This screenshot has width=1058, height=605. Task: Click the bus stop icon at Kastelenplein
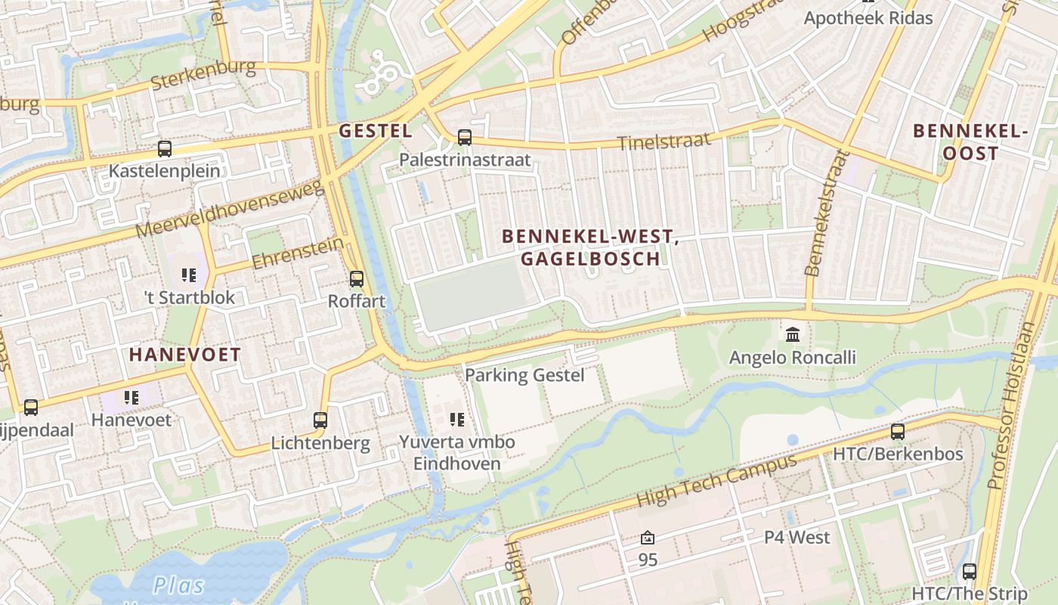(164, 149)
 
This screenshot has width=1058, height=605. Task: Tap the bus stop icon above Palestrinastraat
(465, 138)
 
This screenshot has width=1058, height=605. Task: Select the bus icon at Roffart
(357, 279)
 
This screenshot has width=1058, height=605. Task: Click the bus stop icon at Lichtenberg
(320, 420)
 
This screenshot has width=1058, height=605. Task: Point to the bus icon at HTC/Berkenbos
(898, 432)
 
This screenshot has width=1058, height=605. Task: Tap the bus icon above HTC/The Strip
(970, 571)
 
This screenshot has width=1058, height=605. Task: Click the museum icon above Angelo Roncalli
(793, 334)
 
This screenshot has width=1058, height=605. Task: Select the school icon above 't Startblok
(189, 275)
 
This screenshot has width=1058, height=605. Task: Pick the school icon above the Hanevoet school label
(131, 397)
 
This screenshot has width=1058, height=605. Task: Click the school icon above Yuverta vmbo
(456, 419)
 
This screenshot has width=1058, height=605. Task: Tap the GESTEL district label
(376, 131)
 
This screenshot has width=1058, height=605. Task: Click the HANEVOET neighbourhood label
(184, 354)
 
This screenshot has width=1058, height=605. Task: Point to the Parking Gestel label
(524, 374)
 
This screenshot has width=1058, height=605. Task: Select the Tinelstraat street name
(664, 141)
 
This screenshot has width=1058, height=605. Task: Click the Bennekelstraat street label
(824, 213)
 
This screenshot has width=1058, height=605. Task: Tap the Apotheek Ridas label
(868, 17)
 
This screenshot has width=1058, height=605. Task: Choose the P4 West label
(797, 537)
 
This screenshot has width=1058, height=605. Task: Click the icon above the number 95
(648, 538)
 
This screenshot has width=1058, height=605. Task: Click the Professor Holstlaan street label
(1013, 406)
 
